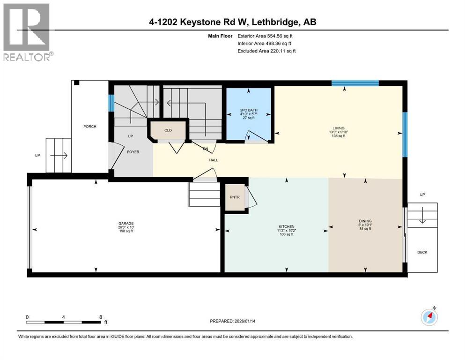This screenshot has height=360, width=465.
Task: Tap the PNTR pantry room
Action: pyautogui.click(x=234, y=197)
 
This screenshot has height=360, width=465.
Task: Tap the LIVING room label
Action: pyautogui.click(x=338, y=128)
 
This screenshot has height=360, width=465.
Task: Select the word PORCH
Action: pyautogui.click(x=90, y=127)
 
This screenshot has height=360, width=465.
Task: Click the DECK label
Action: pyautogui.click(x=422, y=252)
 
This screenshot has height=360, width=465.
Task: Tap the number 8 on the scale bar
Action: pyautogui.click(x=101, y=317)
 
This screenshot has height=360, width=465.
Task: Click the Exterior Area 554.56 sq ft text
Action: pyautogui.click(x=267, y=36)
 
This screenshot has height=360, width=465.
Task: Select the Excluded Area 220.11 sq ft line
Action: pyautogui.click(x=266, y=51)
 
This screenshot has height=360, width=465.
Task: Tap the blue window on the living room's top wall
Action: pyautogui.click(x=354, y=83)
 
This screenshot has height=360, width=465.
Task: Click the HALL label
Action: pyautogui.click(x=214, y=160)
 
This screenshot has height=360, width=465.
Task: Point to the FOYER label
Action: pyautogui.click(x=133, y=152)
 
